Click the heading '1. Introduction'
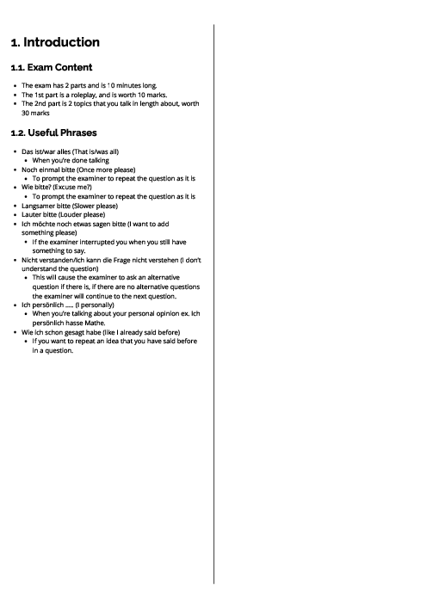[x=55, y=42]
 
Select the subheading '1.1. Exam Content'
[x=52, y=67]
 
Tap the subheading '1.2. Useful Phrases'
[x=53, y=133]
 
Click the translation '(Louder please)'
[x=85, y=214]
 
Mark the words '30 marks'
[x=38, y=113]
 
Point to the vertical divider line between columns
[x=213, y=301]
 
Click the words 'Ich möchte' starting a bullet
[x=38, y=224]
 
